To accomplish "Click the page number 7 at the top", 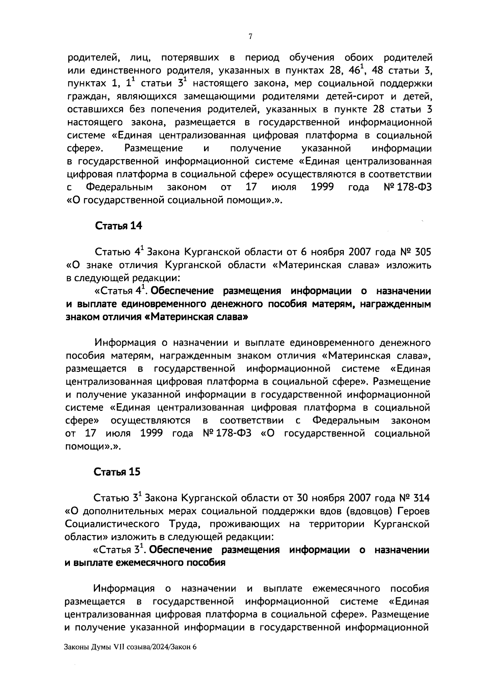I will click(x=250, y=37).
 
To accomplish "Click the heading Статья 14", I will click(x=118, y=226).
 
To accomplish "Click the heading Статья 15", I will click(x=117, y=472).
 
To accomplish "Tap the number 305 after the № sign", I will click(x=420, y=252).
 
